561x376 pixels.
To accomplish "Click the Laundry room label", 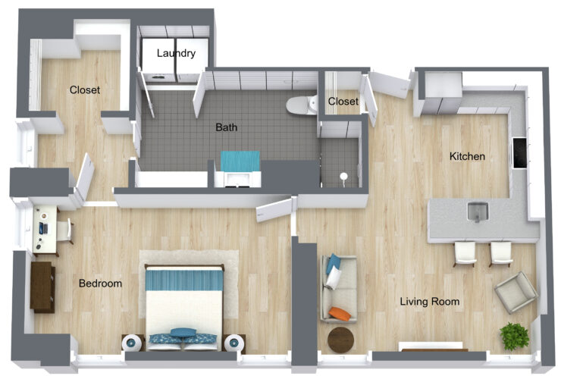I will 176,53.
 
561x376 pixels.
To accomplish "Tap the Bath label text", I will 226,127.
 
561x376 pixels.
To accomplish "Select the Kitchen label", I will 467,157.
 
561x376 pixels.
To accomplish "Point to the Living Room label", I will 430,302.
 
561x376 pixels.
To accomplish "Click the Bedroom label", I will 101,284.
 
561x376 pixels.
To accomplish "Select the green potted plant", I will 516,334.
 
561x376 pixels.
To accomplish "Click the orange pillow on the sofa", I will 340,313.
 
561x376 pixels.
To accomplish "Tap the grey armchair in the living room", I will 516,292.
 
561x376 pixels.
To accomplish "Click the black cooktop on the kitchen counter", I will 519,153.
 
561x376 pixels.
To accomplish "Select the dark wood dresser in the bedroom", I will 42,287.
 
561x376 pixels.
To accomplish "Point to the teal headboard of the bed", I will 183,279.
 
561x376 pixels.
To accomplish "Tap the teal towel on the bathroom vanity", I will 240,161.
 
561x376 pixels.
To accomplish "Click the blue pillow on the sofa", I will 333,265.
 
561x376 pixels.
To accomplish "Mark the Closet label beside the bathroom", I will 343,102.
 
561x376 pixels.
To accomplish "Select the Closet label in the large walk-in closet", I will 85,89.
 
